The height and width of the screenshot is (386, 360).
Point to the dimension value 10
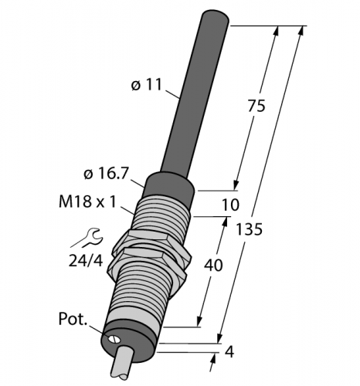coord(229,206)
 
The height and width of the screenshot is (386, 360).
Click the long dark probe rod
coord(188,93)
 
